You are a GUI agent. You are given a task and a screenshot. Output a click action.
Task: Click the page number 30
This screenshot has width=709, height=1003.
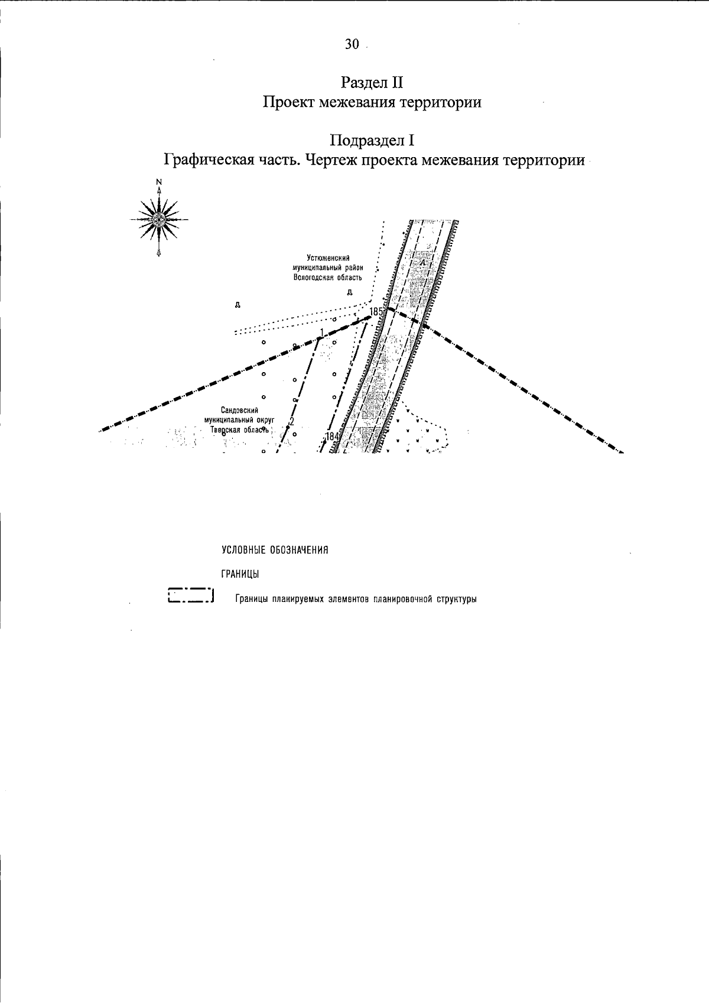(x=352, y=45)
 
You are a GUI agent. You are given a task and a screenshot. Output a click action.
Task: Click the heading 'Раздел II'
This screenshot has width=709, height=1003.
(x=372, y=81)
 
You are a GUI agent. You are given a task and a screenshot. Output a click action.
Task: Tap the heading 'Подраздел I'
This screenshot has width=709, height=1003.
(x=372, y=141)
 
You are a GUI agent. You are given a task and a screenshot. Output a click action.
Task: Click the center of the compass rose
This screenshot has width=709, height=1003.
(x=158, y=220)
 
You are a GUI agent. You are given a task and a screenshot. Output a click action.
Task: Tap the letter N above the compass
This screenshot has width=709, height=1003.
(x=158, y=182)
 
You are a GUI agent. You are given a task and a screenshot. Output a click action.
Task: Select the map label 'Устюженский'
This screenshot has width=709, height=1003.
(x=328, y=258)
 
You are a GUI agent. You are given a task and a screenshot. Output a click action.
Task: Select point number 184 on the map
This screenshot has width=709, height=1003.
(x=333, y=437)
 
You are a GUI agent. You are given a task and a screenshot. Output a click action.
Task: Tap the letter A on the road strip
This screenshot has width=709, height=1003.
(x=422, y=262)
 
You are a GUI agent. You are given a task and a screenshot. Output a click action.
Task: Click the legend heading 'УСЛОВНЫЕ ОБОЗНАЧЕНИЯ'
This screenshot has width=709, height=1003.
(x=275, y=551)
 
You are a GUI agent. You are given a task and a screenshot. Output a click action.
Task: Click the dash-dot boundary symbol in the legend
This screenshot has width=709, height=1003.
(x=190, y=595)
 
